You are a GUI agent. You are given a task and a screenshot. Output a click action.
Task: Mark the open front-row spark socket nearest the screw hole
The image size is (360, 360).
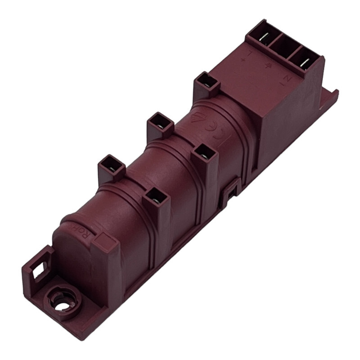(155, 198)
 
